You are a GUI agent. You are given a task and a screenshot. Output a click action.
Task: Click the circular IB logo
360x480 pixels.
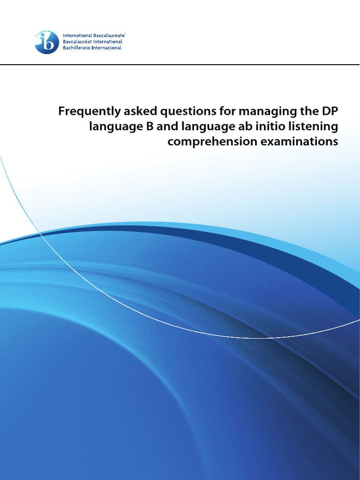tap(47, 42)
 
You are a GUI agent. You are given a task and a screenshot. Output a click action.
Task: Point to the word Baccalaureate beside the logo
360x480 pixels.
tap(109, 36)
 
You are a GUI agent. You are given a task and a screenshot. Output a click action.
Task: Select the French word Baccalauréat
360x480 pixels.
tap(78, 42)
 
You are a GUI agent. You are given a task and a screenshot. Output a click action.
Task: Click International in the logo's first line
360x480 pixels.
tap(77, 36)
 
